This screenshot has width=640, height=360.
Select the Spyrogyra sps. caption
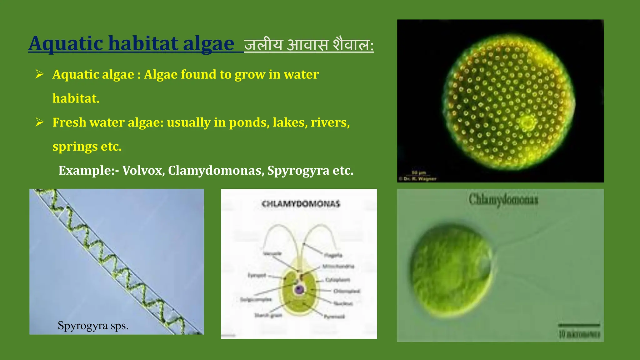(x=93, y=326)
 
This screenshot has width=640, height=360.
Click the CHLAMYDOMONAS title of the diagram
(x=301, y=204)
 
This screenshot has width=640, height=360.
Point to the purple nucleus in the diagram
(x=299, y=290)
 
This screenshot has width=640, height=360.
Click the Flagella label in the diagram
(x=333, y=255)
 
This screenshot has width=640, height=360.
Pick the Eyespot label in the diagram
(x=257, y=275)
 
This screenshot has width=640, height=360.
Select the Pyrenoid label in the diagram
(x=334, y=317)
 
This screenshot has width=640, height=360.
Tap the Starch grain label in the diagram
(x=268, y=315)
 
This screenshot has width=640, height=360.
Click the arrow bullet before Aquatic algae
(x=39, y=74)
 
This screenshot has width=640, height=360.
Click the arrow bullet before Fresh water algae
(x=39, y=122)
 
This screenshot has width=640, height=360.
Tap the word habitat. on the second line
(x=76, y=98)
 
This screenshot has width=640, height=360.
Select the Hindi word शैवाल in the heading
(x=353, y=44)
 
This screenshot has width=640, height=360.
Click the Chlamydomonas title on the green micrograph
(x=503, y=199)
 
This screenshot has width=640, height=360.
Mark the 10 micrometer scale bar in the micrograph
(x=579, y=326)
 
